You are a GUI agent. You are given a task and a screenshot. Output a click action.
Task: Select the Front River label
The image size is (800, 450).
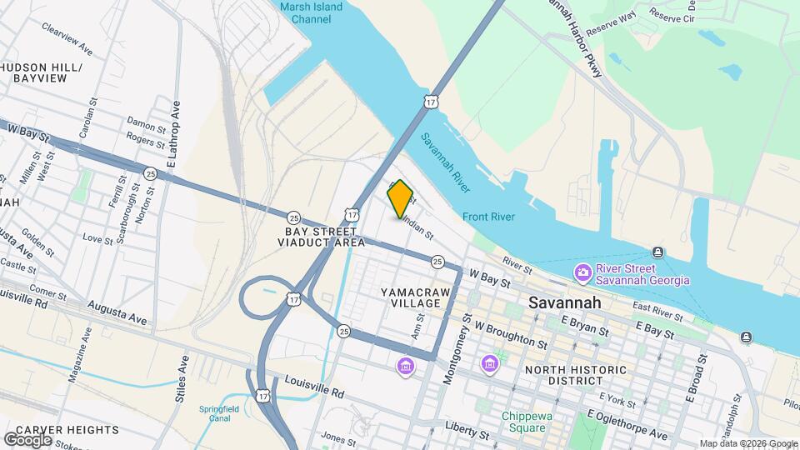(489, 217)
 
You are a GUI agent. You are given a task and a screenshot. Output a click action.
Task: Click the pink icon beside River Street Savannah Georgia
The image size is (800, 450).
(583, 272)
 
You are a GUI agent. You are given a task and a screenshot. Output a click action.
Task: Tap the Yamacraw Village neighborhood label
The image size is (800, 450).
(410, 297)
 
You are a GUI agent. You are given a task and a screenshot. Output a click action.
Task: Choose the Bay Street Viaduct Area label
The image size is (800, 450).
(325, 237)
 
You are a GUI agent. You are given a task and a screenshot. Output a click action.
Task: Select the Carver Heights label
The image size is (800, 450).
(67, 430)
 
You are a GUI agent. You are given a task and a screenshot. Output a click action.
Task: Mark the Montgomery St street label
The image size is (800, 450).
(452, 353)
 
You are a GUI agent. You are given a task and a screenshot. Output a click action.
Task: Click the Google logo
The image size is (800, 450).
(27, 440)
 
